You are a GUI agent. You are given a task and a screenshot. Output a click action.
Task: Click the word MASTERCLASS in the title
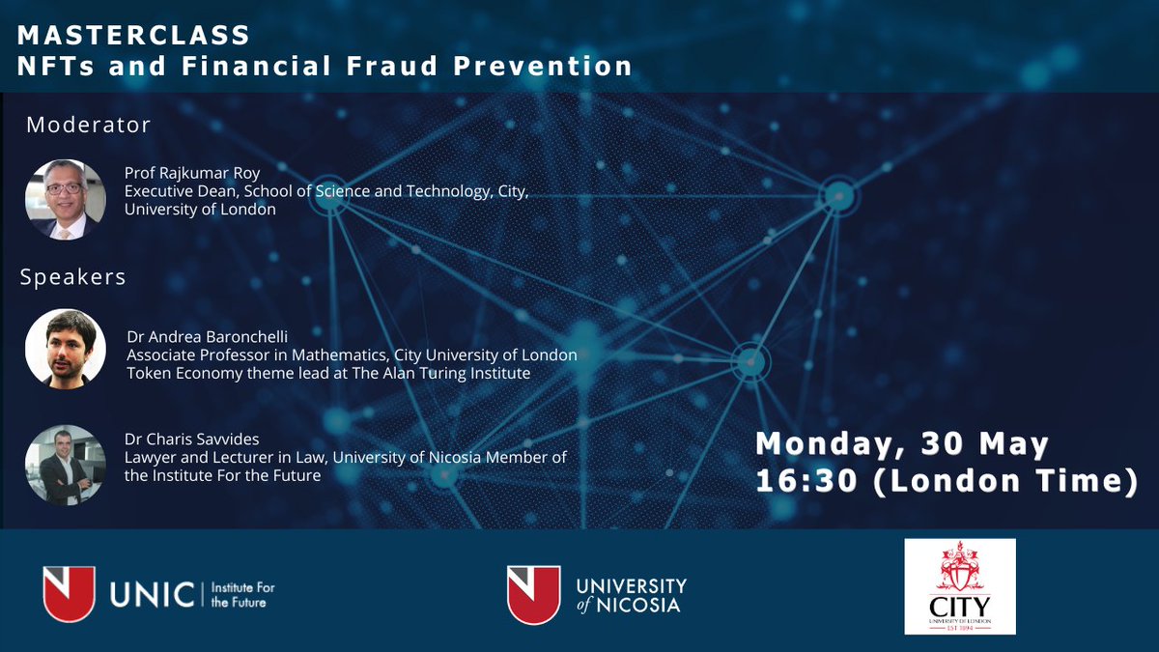coord(134,35)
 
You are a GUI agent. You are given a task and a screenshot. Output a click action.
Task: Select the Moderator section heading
coord(88,126)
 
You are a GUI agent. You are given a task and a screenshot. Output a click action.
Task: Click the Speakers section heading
coord(73,277)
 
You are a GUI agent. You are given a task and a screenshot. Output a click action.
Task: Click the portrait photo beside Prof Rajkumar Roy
coord(65,199)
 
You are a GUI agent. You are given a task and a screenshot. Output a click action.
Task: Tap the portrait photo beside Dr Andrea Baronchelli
coord(65,349)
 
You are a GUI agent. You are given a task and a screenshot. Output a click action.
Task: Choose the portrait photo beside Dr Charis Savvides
coord(65,465)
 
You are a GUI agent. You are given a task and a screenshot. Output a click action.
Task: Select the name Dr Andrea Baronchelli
coord(208,337)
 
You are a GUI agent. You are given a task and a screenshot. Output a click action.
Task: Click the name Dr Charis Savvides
coord(193,439)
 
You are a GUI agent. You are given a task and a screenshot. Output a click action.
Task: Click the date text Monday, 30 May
coord(902,445)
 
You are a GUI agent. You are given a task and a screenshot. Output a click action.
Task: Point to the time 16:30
coord(806,481)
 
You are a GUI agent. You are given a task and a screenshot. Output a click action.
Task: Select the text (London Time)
coord(1004,481)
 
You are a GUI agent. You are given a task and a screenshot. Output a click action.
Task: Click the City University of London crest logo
coord(959,586)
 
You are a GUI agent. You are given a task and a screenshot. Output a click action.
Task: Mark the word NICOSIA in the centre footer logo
coord(642,606)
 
